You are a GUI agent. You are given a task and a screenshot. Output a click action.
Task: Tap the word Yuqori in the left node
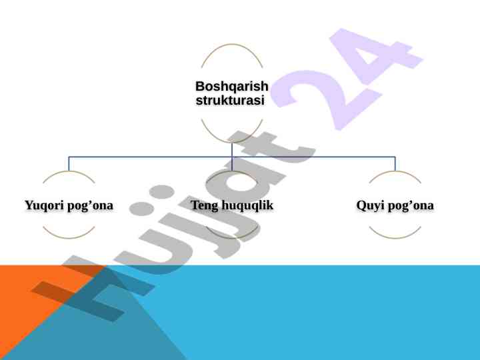click(43, 205)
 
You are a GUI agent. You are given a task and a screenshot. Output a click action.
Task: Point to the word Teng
click(205, 205)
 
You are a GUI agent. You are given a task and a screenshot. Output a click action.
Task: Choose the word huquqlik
click(247, 205)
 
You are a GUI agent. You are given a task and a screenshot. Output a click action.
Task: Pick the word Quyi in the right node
click(370, 205)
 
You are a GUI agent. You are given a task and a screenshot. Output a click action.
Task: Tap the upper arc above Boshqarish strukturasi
click(232, 45)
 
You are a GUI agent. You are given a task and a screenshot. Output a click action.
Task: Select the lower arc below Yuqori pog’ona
click(69, 237)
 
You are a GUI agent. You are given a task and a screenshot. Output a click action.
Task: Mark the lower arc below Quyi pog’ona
click(395, 237)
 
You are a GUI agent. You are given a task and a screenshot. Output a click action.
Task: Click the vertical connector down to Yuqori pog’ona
click(69, 164)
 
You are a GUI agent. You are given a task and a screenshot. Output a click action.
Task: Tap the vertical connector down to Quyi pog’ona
click(395, 164)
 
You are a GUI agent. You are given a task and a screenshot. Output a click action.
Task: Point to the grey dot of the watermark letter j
click(160, 193)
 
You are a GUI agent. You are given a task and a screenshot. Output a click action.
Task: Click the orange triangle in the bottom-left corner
click(20, 300)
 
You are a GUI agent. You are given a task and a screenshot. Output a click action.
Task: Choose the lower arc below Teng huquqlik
click(232, 237)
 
